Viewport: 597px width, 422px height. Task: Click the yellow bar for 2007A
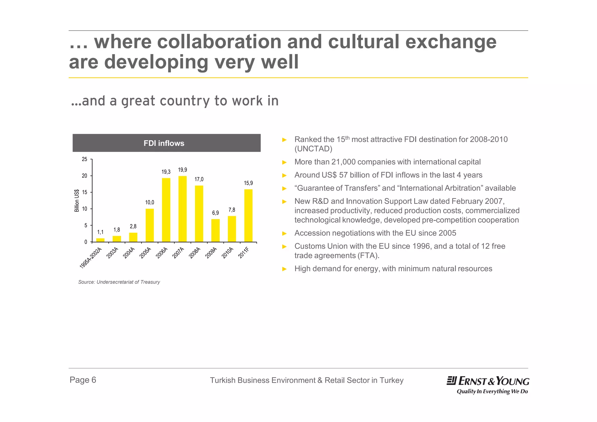click(182, 209)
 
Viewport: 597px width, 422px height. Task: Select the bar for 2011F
click(248, 216)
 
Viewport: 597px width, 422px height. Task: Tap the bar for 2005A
click(150, 225)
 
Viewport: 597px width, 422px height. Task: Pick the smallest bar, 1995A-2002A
click(100, 240)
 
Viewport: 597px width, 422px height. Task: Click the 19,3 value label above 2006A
click(166, 172)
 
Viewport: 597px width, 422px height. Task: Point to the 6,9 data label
click(215, 213)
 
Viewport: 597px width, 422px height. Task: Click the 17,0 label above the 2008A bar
click(199, 179)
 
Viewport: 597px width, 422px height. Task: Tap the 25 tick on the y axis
click(85, 159)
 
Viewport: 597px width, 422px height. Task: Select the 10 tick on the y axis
click(85, 209)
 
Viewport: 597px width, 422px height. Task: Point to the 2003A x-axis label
click(113, 253)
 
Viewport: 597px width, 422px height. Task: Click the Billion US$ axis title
click(77, 201)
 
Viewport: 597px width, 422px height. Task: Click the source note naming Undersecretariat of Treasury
click(119, 282)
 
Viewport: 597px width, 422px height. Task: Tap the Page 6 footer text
click(83, 380)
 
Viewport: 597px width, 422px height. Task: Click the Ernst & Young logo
click(488, 384)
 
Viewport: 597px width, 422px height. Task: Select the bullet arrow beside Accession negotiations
click(285, 233)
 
